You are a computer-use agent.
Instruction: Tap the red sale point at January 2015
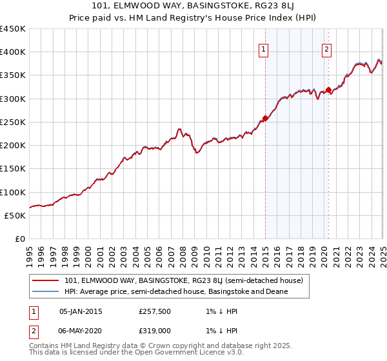coord(265,119)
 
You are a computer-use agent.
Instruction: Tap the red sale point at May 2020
coord(328,90)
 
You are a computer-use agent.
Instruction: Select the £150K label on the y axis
coord(13,169)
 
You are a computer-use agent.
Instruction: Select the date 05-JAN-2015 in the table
coord(81,311)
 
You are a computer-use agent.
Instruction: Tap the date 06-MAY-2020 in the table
coord(81,329)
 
